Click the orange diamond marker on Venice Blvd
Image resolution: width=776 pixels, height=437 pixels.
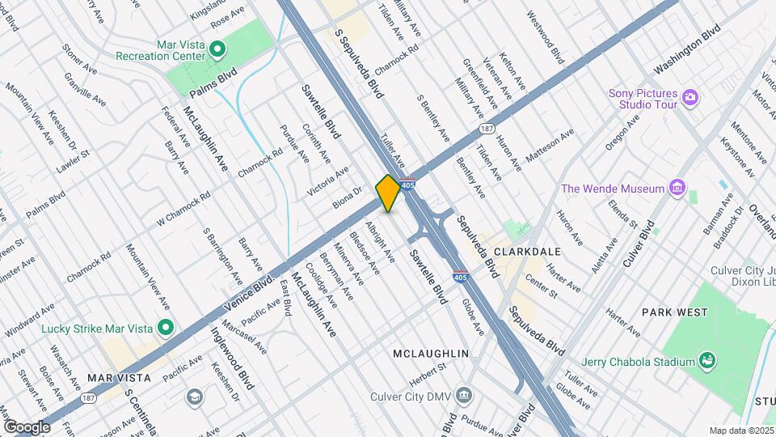click(x=388, y=193)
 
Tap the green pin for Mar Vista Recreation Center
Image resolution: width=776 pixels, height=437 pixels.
click(x=217, y=49)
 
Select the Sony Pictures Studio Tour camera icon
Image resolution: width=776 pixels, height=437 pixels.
click(x=690, y=98)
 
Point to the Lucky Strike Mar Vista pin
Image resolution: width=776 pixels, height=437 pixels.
click(x=166, y=328)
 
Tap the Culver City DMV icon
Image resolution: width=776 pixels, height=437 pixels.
click(x=464, y=395)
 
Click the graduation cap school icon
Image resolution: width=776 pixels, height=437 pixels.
click(x=194, y=397)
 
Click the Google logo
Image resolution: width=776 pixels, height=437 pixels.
click(x=27, y=426)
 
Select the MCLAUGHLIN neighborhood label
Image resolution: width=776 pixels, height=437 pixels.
click(x=432, y=354)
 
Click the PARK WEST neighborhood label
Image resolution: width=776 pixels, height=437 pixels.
click(x=674, y=312)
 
